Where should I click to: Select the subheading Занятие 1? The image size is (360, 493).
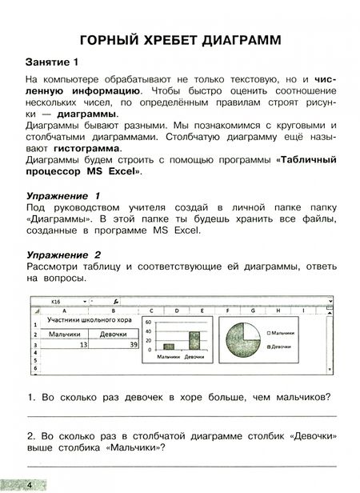click(54, 62)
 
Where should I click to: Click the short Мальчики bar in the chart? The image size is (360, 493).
click(169, 346)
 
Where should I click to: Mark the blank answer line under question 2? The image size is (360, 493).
click(180, 466)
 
